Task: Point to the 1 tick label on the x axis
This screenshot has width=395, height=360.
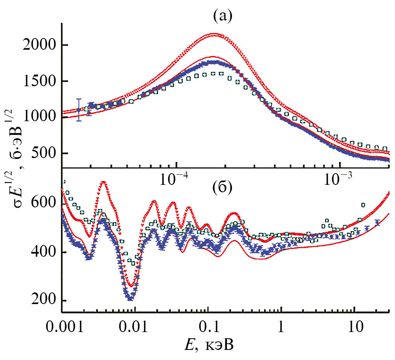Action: (x=280, y=325)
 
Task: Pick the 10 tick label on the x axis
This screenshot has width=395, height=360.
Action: (x=353, y=325)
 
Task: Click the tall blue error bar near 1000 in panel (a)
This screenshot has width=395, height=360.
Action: (x=79, y=110)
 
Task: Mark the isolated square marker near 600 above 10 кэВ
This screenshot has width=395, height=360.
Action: (x=364, y=205)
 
